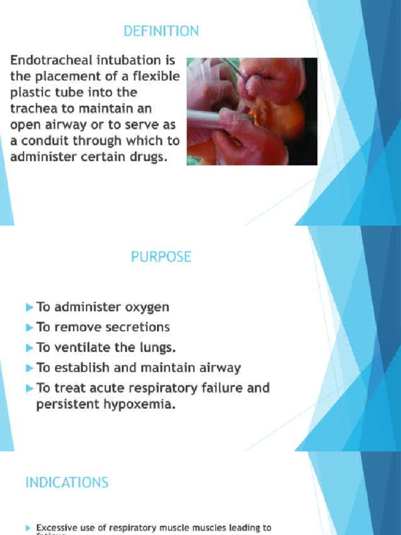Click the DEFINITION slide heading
[x=161, y=31]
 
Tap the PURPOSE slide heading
[x=161, y=257]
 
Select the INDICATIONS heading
[x=67, y=482]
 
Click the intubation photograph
[x=252, y=111]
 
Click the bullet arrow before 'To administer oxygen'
[x=29, y=307]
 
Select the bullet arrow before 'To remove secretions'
[x=29, y=328]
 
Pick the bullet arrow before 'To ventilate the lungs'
[x=29, y=347]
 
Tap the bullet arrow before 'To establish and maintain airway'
[x=29, y=368]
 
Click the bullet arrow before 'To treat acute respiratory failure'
[x=29, y=388]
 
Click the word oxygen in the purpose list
[x=148, y=308]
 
